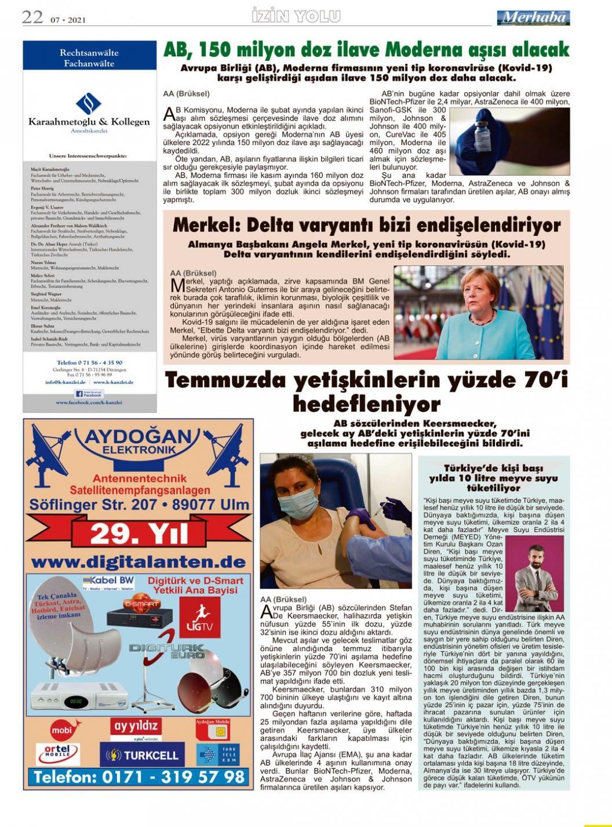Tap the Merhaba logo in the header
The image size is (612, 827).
(533, 18)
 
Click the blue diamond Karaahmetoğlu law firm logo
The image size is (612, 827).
(89, 104)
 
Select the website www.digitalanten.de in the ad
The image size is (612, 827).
(139, 562)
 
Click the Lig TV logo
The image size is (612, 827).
(199, 616)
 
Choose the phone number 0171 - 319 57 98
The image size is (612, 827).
(139, 777)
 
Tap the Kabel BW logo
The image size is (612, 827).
(108, 581)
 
